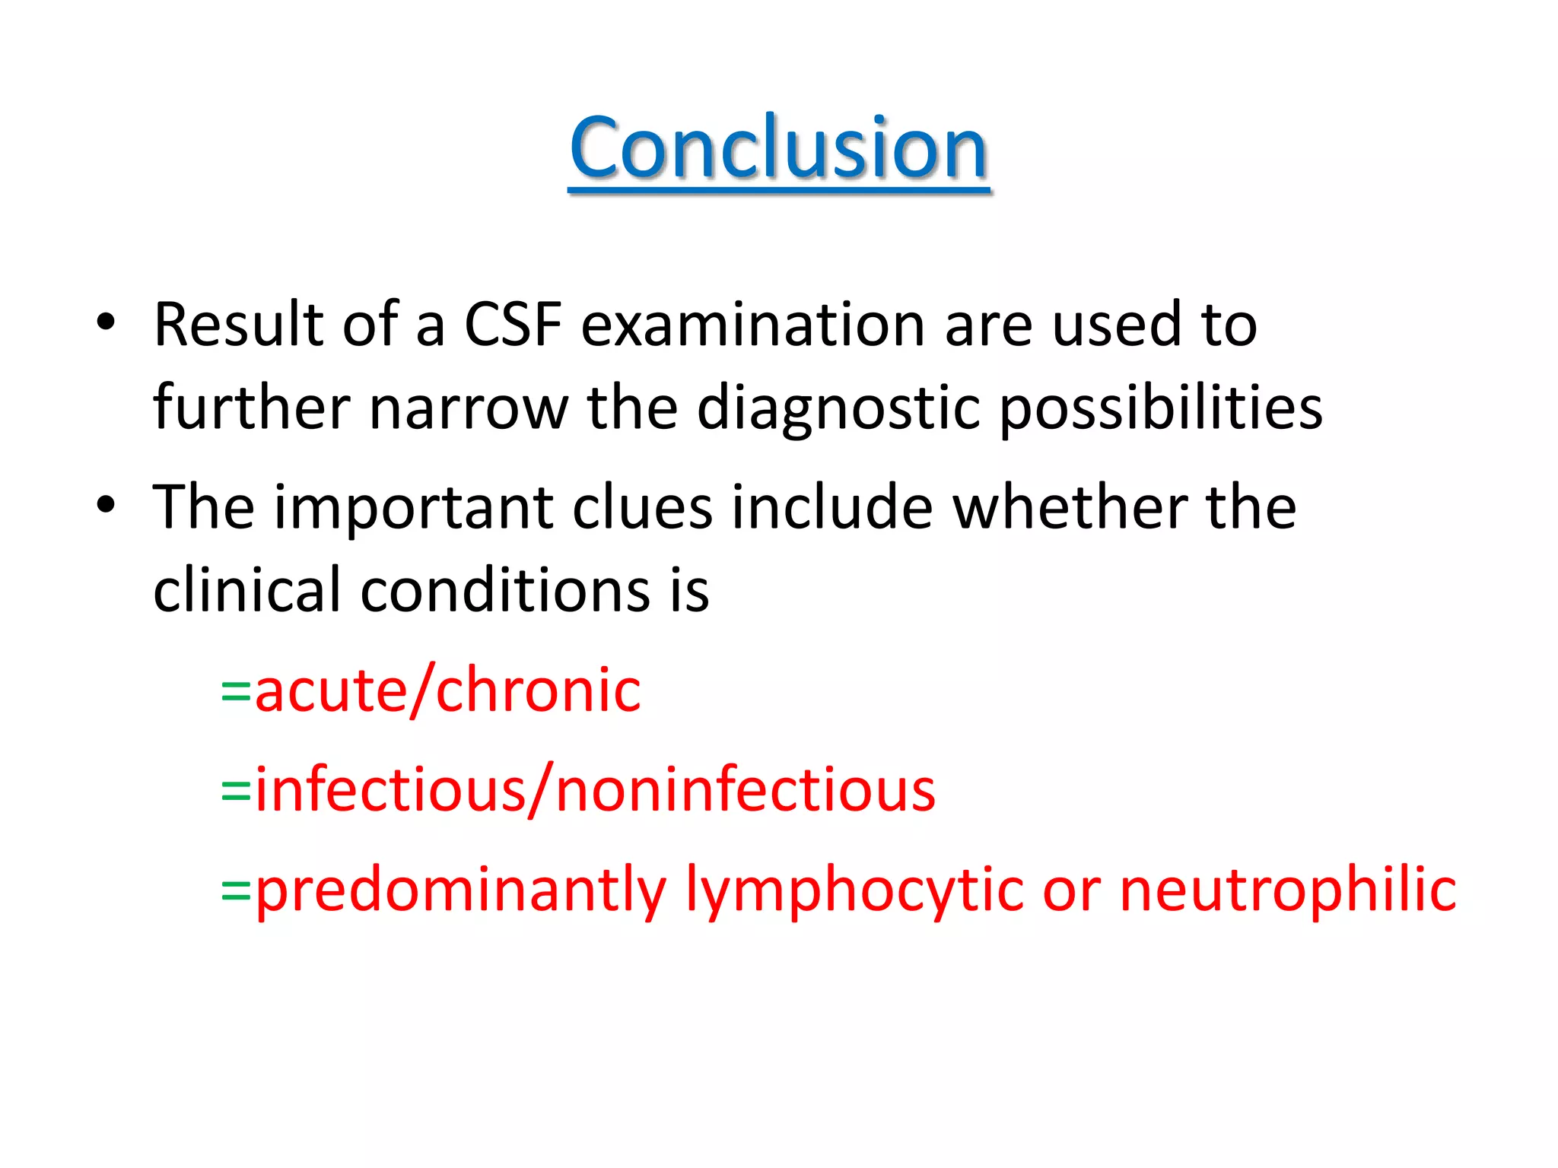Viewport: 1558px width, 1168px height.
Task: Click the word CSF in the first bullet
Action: click(513, 325)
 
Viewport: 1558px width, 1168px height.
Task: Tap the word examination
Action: click(754, 325)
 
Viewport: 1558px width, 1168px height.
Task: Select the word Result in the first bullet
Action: click(238, 325)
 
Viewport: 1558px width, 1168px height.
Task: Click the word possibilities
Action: click(1161, 408)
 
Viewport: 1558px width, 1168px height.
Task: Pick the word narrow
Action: click(468, 408)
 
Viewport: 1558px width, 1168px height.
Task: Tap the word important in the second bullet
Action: click(413, 507)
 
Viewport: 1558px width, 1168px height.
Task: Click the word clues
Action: click(642, 507)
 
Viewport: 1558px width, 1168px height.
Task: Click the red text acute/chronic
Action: click(447, 690)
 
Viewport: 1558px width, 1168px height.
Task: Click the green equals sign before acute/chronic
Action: click(236, 692)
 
